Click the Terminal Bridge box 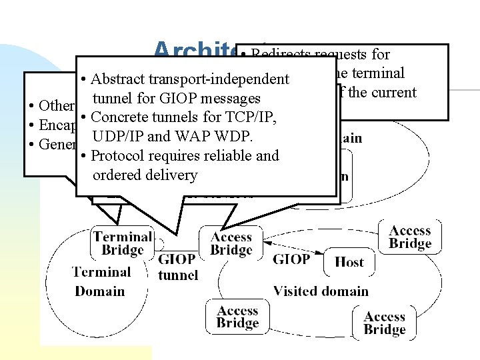pos(122,243)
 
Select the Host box pos(349,261)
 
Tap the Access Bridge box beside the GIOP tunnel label pos(231,243)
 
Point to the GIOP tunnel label pos(177,267)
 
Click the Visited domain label pos(321,291)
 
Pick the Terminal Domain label pos(101,281)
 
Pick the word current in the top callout pos(392,92)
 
